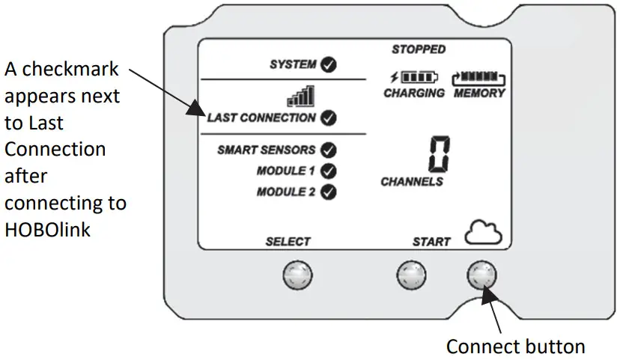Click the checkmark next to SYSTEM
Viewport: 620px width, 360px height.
point(328,65)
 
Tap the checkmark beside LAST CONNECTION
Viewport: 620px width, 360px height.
point(328,118)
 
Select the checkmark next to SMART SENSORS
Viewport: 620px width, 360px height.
point(328,150)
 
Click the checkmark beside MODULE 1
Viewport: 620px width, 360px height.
point(328,171)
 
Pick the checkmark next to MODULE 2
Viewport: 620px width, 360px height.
point(328,192)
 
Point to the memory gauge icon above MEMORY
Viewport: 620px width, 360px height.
point(479,77)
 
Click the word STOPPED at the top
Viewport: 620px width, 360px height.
point(419,49)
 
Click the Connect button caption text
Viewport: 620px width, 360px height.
point(515,347)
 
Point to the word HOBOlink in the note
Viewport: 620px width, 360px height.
point(48,230)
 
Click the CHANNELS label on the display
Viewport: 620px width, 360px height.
point(412,181)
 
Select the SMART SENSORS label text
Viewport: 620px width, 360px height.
point(266,150)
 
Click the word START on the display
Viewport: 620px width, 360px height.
point(431,242)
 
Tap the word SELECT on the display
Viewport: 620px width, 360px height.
point(288,242)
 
